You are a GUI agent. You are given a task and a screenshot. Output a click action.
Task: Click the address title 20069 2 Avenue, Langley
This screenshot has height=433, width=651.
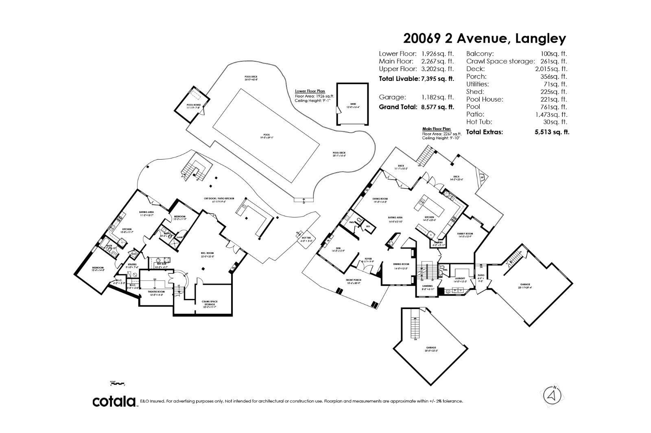(x=484, y=39)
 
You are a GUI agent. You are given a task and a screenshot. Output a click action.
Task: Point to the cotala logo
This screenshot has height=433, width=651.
(x=114, y=401)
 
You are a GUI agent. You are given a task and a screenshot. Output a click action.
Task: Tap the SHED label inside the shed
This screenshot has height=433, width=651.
(x=352, y=104)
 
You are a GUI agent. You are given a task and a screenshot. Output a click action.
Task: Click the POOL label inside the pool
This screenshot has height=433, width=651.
(x=267, y=135)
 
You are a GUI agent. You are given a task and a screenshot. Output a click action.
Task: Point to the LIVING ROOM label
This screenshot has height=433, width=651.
(x=380, y=199)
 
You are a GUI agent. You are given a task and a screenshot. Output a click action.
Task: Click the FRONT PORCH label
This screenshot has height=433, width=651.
(x=354, y=280)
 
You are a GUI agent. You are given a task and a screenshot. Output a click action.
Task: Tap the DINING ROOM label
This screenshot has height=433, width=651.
(x=401, y=264)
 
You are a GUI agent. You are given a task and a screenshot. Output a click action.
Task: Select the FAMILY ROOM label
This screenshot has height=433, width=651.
(x=465, y=234)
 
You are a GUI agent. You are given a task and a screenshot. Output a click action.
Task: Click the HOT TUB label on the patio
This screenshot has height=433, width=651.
(x=306, y=238)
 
